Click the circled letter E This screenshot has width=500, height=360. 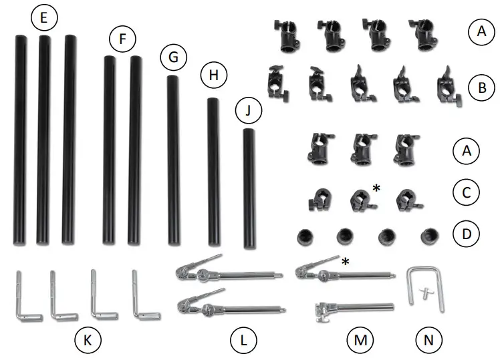pyautogui.click(x=43, y=19)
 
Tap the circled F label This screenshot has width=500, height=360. pyautogui.click(x=122, y=40)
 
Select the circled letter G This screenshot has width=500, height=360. pyautogui.click(x=173, y=58)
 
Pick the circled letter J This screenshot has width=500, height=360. pyautogui.click(x=248, y=111)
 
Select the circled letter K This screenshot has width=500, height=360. pyautogui.click(x=88, y=341)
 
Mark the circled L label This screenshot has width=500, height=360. pyautogui.click(x=243, y=341)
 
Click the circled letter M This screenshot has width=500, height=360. pyautogui.click(x=358, y=341)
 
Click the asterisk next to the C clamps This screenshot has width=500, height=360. pyautogui.click(x=376, y=189)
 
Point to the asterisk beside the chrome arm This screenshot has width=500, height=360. pyautogui.click(x=346, y=260)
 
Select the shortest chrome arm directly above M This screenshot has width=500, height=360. pyautogui.click(x=353, y=309)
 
